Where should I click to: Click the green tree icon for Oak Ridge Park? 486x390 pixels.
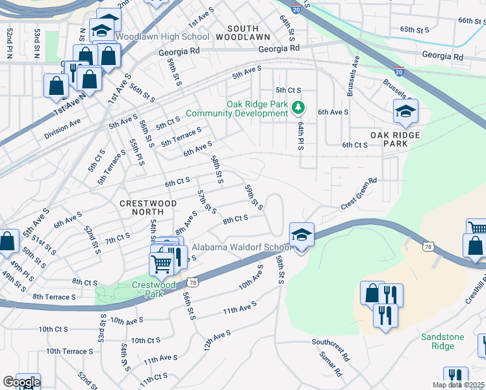[x=298, y=107]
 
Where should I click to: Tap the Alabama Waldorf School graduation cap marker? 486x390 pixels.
[x=301, y=235]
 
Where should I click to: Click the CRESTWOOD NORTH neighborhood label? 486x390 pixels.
[x=148, y=203]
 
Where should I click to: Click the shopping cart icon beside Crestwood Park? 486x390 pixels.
[x=162, y=263]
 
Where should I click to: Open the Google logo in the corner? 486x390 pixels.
[x=21, y=382]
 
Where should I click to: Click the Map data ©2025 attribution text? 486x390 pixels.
[x=458, y=385]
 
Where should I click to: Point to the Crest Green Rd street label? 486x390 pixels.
[x=360, y=194]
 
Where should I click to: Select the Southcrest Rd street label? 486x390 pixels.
[x=331, y=350]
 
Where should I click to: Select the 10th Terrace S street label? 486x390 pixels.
[x=70, y=352]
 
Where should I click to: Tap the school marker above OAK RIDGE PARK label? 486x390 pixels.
[x=405, y=112]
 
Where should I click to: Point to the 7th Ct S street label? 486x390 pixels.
[x=118, y=239]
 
